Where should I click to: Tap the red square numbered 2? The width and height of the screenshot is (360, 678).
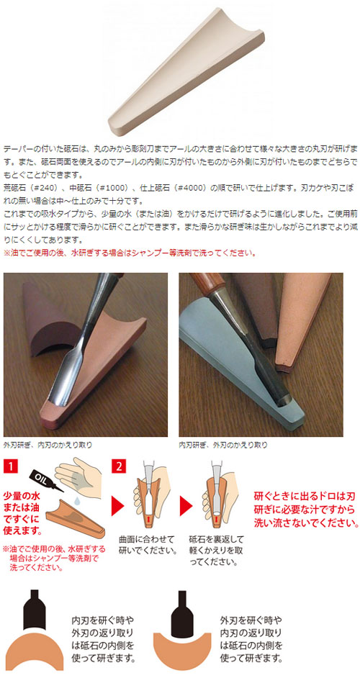[117, 466]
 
